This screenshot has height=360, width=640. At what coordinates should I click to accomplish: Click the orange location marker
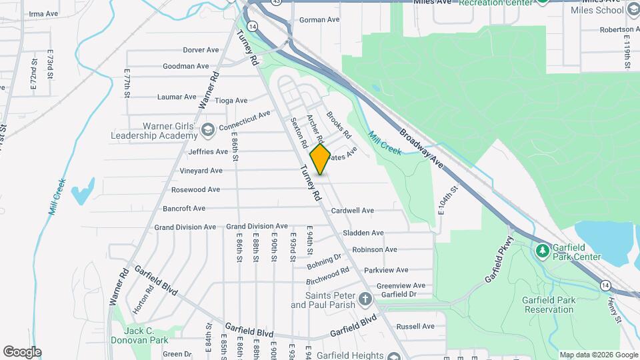pos(321,159)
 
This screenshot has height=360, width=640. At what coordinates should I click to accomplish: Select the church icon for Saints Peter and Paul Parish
pos(365,298)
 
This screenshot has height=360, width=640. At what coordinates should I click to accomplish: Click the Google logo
pos(22,352)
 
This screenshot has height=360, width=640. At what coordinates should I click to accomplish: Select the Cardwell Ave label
pos(353,211)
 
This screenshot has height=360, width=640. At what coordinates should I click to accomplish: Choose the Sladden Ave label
pos(363,233)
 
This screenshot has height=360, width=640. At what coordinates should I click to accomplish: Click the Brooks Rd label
pos(339,125)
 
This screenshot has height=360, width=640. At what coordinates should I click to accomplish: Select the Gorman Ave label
pos(319,20)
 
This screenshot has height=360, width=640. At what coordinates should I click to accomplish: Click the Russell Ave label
pos(415,327)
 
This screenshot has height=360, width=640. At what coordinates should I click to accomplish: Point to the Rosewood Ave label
pos(195,190)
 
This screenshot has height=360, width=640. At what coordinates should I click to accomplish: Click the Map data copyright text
pos(597,355)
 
